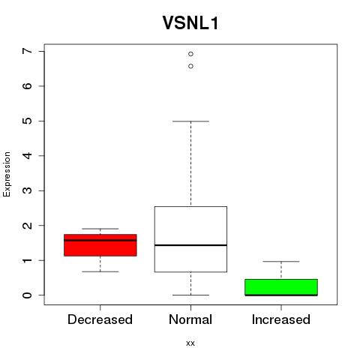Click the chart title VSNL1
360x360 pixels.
pos(190,23)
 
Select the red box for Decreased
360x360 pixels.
pos(100,245)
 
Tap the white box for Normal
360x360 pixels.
pos(190,239)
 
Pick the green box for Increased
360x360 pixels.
pos(281,287)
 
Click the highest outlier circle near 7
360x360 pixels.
pos(190,54)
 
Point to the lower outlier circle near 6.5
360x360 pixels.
pos(190,66)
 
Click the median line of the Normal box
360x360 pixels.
pos(190,245)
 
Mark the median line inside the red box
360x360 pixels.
pos(100,240)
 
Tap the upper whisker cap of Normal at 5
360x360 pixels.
pos(190,121)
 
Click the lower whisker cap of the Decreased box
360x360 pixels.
pos(100,271)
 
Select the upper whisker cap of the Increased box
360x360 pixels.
pos(281,262)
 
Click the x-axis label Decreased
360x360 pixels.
pos(100,319)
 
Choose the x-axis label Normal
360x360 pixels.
pos(190,319)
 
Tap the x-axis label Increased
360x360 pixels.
pos(281,319)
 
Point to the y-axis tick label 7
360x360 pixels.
pos(28,51)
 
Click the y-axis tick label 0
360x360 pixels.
pos(28,295)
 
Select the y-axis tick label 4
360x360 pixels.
pos(28,156)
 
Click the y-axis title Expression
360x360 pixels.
pos(7,174)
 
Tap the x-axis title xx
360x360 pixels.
pos(190,343)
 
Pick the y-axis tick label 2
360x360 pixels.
pos(28,226)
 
